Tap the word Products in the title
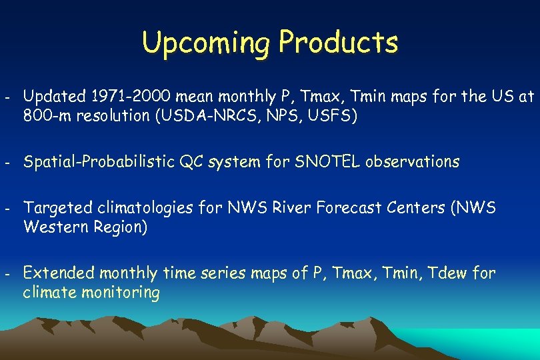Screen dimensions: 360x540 click(339, 42)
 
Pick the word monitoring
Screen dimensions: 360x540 click(118, 293)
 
